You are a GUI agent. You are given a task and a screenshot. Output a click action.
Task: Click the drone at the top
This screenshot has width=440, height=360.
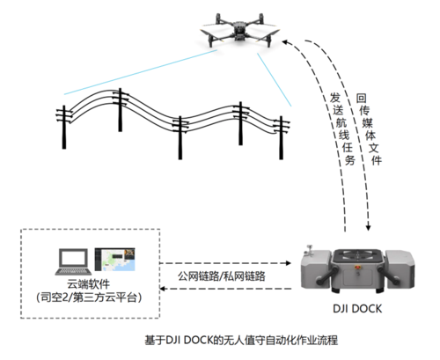click(240, 30)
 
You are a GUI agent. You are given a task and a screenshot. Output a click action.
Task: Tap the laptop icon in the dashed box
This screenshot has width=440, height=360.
click(73, 262)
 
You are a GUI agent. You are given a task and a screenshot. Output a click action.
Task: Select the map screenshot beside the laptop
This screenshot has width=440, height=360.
click(114, 260)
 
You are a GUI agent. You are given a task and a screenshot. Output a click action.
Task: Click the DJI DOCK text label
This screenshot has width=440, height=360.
click(357, 309)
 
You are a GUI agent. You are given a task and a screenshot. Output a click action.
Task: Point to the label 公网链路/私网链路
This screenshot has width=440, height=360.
click(222, 276)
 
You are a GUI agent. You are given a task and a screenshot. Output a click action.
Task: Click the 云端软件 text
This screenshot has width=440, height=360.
click(89, 284)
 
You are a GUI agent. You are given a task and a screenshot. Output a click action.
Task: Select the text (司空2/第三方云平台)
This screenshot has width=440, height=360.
click(89, 298)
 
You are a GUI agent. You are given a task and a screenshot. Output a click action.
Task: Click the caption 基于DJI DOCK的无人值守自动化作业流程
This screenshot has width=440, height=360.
click(241, 341)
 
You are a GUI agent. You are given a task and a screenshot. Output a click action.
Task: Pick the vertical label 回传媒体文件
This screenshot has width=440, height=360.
click(369, 129)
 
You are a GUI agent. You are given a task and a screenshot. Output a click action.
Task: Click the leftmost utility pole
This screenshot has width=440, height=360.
click(63, 127)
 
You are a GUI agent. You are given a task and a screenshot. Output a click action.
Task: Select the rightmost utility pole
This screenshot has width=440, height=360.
click(281, 137)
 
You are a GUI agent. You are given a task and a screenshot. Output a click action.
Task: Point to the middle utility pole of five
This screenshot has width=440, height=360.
click(180, 137)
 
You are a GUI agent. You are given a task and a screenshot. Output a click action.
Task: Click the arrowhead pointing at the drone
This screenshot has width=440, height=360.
click(284, 42)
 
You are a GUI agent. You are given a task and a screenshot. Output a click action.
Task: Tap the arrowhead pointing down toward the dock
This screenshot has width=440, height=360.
click(369, 227)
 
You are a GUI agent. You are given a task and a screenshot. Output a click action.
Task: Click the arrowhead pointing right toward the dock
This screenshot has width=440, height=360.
click(288, 263)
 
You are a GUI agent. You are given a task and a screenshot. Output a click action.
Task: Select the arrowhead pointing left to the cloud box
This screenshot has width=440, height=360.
click(163, 289)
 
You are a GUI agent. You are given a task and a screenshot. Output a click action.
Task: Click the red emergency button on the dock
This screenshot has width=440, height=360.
click(357, 267)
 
